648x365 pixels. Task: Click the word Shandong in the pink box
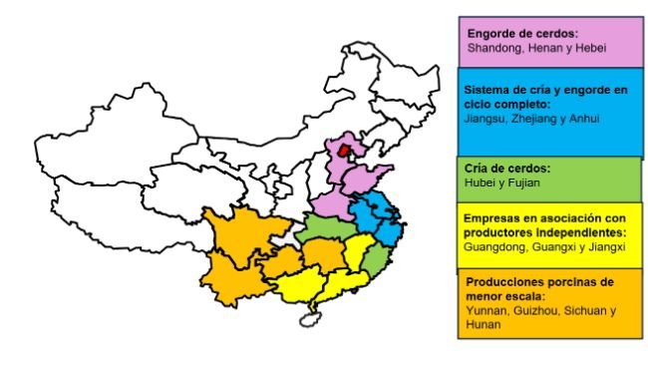click(494, 46)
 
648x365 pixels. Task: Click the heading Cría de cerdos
click(507, 168)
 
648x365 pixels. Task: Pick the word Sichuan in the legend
click(590, 310)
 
